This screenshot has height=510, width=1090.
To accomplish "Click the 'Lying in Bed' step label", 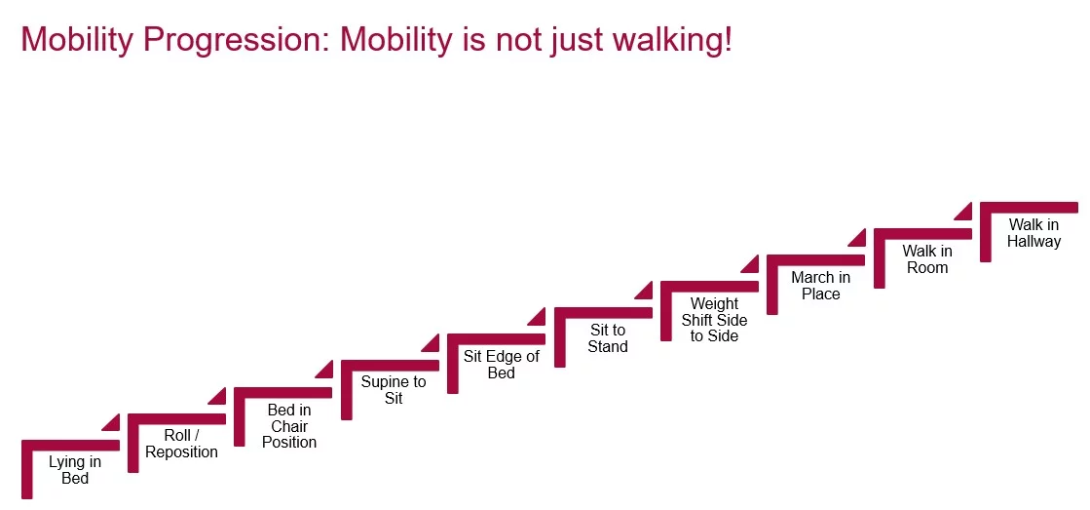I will click(x=75, y=470).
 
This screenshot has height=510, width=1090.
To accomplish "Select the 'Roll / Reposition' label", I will click(x=182, y=444).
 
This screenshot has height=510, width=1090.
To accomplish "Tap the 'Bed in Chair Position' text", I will click(x=289, y=426).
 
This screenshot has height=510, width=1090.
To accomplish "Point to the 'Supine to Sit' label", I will click(x=394, y=390).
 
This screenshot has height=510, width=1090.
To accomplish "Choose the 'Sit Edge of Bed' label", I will click(x=501, y=365).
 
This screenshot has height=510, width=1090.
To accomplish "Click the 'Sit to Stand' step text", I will click(x=608, y=338).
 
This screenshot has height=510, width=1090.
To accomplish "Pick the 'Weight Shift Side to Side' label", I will click(x=715, y=320).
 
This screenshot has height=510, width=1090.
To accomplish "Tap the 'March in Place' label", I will click(x=820, y=286).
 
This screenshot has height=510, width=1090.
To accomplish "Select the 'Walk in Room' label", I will click(x=927, y=259).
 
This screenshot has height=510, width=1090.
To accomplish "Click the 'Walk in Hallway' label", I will click(x=1034, y=233).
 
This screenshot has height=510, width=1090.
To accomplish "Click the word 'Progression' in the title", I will click(x=238, y=40).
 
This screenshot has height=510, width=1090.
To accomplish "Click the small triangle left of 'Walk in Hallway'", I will click(x=964, y=210).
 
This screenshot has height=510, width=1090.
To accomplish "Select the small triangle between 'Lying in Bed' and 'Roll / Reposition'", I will click(x=113, y=422).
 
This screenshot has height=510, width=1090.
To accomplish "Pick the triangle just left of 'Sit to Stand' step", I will click(x=539, y=316).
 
